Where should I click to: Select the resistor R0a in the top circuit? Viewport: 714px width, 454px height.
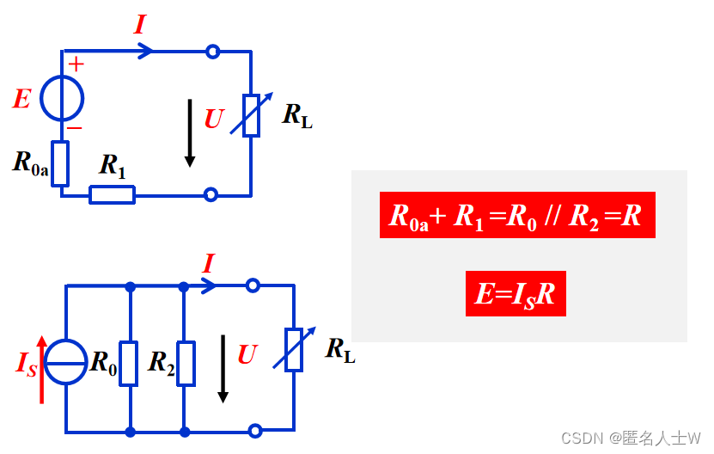(60, 163)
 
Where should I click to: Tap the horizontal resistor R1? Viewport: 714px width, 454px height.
(112, 195)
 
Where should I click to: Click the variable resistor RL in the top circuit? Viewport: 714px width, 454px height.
(251, 116)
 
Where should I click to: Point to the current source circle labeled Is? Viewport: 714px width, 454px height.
(66, 361)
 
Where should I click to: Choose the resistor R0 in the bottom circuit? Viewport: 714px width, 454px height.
(129, 363)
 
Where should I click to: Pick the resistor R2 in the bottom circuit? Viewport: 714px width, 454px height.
(185, 363)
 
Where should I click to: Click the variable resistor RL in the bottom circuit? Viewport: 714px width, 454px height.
(294, 348)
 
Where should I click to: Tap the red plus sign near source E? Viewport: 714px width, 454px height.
(76, 64)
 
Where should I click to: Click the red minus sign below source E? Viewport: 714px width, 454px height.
(75, 127)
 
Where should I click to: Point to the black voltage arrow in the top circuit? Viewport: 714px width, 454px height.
(190, 133)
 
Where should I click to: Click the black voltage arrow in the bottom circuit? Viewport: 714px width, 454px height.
(223, 368)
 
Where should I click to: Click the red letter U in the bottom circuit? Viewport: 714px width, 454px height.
(247, 354)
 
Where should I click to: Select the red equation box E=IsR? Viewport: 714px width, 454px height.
(516, 295)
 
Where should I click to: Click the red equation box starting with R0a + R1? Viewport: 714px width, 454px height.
(516, 215)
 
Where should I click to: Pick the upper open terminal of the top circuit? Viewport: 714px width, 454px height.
(212, 52)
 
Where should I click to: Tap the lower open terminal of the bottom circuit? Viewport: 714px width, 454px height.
(253, 431)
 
